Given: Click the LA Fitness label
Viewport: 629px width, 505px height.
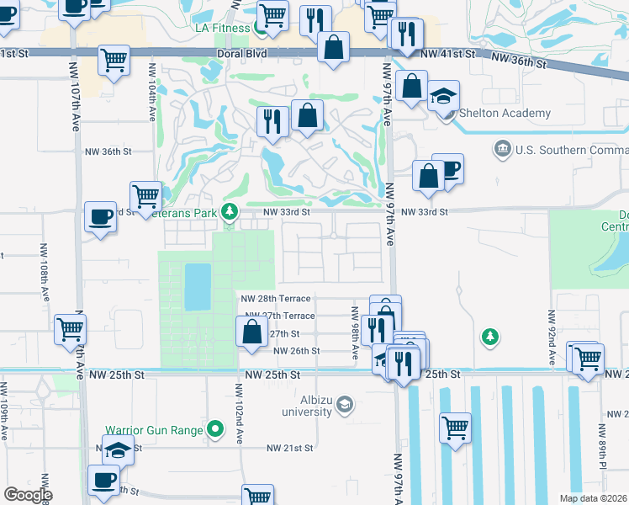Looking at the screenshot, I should click(223, 28).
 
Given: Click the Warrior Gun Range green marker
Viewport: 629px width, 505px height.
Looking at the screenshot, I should click(216, 430).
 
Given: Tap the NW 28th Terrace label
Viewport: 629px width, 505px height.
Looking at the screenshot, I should click(275, 299).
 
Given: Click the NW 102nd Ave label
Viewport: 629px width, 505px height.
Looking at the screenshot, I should click(239, 402).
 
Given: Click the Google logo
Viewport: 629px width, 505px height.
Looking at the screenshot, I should click(27, 494).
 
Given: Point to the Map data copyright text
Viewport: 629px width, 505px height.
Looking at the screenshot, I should click(594, 498).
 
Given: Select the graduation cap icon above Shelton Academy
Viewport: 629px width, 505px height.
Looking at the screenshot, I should click(444, 96).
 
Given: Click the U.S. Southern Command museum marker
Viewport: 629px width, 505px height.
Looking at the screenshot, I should click(503, 149).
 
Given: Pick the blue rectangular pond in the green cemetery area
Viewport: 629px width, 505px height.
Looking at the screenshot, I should click(198, 286).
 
